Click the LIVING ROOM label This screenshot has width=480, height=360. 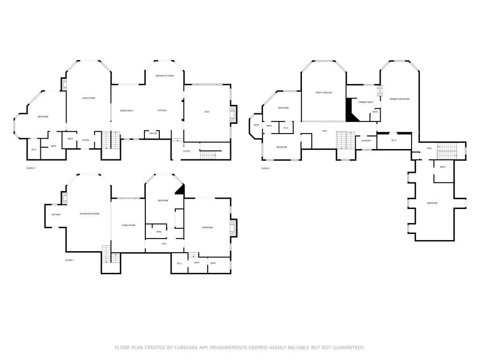pos(89,98)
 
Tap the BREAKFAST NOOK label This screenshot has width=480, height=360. pos(165,75)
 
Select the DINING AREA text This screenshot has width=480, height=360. pos(127,111)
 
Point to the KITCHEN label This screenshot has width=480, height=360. pos(162,111)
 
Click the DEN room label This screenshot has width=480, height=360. pos(207,112)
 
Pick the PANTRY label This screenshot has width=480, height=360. pos(153,134)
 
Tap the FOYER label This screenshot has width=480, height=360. pos(86,140)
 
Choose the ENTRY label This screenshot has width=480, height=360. pos(187,151)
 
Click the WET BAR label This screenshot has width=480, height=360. pos(56,214)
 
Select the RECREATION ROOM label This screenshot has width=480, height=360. pos(90,214)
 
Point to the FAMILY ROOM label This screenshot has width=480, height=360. pos(128,225)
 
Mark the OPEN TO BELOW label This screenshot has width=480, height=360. pos(323,93)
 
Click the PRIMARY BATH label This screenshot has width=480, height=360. pos(366,102)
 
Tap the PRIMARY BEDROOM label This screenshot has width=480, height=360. pos(399,99)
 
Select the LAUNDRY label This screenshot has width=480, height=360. pos(366,141)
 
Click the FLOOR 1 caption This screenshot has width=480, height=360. pos(70,260)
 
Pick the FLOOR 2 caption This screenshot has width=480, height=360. pos(31,168)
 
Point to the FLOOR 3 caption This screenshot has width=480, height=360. pos(266,168)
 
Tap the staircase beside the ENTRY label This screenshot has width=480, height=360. pos(210,155)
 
